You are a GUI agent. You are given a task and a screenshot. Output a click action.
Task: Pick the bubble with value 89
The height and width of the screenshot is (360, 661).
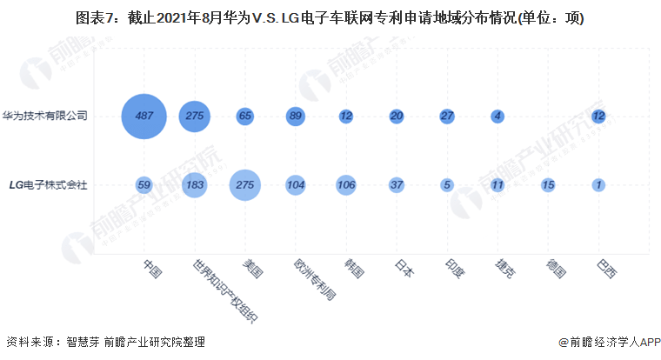pyautogui.click(x=296, y=116)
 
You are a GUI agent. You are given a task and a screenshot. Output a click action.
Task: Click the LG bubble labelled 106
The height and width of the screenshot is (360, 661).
pyautogui.click(x=346, y=184)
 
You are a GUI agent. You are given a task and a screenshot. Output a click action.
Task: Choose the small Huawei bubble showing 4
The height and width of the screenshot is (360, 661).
pyautogui.click(x=497, y=116)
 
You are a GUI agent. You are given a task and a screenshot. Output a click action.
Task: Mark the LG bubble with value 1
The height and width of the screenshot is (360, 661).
pyautogui.click(x=598, y=184)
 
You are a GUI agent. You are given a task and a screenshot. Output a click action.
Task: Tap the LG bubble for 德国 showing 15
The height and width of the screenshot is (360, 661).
pyautogui.click(x=548, y=184)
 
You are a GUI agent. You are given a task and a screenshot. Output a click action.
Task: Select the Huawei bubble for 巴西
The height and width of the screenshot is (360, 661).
pyautogui.click(x=598, y=116)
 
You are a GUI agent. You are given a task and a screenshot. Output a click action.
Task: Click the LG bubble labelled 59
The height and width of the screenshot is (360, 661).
pyautogui.click(x=144, y=184)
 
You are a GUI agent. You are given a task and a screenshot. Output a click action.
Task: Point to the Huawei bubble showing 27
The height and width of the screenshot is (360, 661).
pyautogui.click(x=447, y=116)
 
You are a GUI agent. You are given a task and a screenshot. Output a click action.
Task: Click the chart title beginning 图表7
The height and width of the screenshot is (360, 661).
pyautogui.click(x=330, y=17)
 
